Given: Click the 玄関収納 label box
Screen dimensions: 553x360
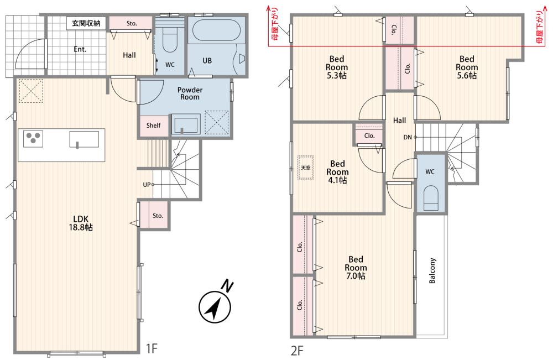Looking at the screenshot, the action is click(x=86, y=23).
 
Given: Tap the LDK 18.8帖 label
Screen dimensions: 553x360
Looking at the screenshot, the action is click(x=81, y=223).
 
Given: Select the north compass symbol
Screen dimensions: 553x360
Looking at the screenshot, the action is click(x=215, y=305).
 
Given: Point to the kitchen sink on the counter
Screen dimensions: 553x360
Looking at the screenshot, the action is click(x=84, y=139).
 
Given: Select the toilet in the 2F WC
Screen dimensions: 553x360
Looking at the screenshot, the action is click(x=430, y=198).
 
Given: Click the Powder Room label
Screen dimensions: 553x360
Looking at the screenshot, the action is click(x=190, y=93).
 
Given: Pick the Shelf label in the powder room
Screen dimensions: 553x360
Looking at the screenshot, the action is click(x=153, y=125).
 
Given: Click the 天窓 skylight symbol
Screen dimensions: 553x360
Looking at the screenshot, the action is click(x=306, y=168).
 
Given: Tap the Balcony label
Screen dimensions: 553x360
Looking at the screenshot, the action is click(x=432, y=270).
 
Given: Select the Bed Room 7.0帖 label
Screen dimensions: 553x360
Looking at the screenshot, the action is click(x=356, y=268).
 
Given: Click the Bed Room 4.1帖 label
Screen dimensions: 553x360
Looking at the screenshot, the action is click(x=337, y=172).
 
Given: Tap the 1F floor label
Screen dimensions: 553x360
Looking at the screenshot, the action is click(x=152, y=349).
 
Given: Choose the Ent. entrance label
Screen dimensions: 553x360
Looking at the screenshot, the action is click(x=80, y=49).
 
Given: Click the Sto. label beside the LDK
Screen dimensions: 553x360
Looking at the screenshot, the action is click(x=158, y=216).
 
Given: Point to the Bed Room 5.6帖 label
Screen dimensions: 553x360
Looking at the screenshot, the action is click(x=467, y=67).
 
